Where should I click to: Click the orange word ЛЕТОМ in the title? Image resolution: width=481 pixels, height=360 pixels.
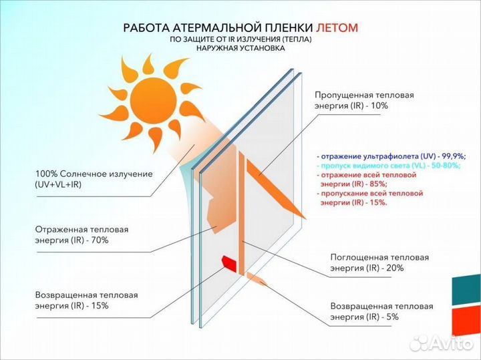337,27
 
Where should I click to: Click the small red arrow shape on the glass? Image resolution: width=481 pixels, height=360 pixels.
229,263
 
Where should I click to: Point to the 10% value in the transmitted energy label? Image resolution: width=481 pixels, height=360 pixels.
379,106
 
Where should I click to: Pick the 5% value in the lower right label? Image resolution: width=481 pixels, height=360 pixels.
391,317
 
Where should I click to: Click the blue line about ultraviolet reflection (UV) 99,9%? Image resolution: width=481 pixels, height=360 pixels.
391,156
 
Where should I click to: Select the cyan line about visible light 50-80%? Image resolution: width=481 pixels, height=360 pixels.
389,166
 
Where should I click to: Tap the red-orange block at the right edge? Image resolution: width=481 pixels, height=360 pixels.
466,321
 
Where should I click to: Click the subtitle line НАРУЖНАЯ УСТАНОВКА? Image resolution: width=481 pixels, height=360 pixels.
240,48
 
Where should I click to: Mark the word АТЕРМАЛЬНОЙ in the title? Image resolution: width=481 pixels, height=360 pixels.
214,27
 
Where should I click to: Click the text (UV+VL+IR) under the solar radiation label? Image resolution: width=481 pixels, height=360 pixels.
59,184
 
